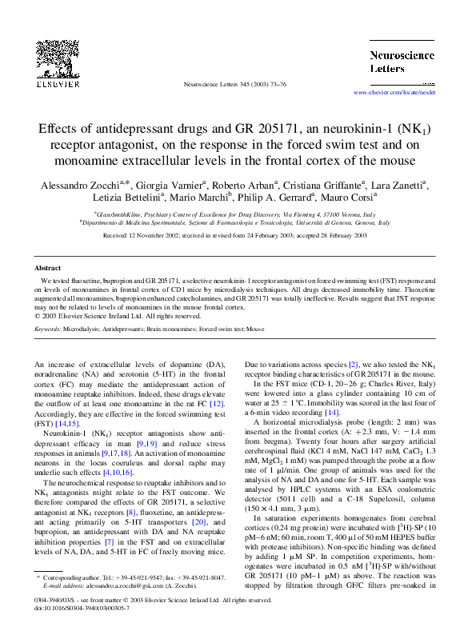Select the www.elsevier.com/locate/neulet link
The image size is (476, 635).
[398, 94]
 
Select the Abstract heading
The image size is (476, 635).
[49, 268]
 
